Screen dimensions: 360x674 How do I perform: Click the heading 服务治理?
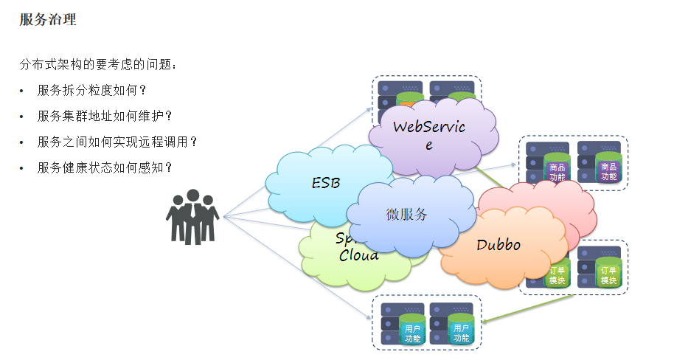pyautogui.click(x=48, y=20)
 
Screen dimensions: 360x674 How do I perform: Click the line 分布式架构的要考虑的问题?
pyautogui.click(x=98, y=64)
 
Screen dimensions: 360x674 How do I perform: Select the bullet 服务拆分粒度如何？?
pyautogui.click(x=92, y=91)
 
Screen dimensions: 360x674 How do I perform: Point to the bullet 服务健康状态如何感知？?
pyautogui.click(x=105, y=167)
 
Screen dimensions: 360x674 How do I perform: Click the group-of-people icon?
pyautogui.click(x=192, y=216)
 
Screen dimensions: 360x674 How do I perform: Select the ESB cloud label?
pyautogui.click(x=325, y=183)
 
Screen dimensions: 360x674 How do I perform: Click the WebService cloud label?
pyautogui.click(x=428, y=134)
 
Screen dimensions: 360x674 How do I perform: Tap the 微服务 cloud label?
pyautogui.click(x=406, y=215)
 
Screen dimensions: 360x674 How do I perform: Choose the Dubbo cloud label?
pyautogui.click(x=498, y=245)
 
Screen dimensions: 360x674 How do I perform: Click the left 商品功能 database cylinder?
pyautogui.click(x=557, y=172)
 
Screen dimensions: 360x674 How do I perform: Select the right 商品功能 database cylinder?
pyautogui.click(x=608, y=171)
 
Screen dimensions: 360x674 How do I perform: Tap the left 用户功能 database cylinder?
pyautogui.click(x=412, y=333)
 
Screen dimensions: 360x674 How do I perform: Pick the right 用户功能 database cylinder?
pyautogui.click(x=462, y=333)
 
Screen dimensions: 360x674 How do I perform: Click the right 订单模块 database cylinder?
pyautogui.click(x=608, y=274)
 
